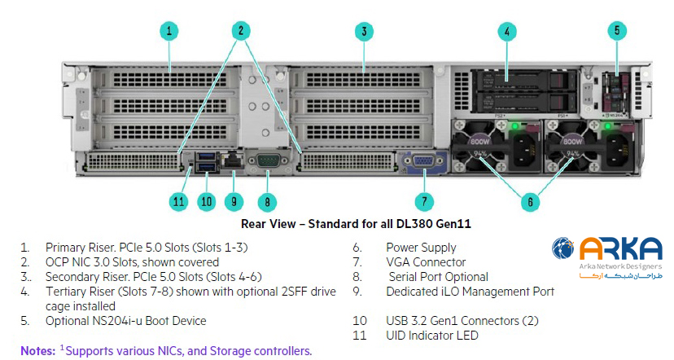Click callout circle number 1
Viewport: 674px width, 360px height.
pos(168,32)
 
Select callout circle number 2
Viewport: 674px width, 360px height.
pos(239,32)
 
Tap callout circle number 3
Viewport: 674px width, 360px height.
pos(364,32)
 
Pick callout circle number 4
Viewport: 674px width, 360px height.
pos(507,32)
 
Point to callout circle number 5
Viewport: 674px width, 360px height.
pos(616,32)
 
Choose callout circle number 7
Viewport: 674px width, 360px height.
pos(422,201)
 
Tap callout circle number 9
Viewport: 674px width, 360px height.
pos(235,201)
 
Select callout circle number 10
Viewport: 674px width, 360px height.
pos(206,201)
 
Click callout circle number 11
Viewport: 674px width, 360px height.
pos(179,201)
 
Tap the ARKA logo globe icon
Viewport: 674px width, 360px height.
pos(563,249)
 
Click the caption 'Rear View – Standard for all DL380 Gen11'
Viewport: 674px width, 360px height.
pos(357,222)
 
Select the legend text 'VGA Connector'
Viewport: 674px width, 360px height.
pos(426,262)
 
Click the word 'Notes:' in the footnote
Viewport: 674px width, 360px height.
pos(38,351)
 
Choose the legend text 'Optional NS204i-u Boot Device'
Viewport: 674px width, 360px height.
pos(125,321)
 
